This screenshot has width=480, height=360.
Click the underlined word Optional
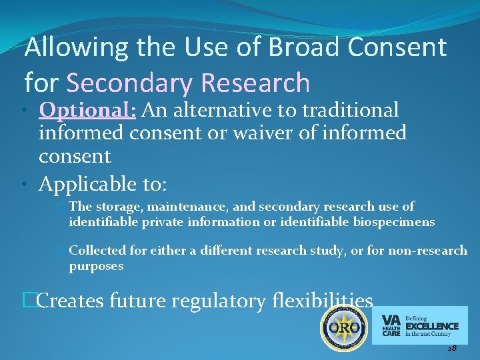(87, 110)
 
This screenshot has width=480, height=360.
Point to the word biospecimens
(394, 221)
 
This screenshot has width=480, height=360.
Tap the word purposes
(96, 265)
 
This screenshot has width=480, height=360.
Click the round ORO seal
(344, 328)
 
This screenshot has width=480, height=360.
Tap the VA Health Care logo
(420, 325)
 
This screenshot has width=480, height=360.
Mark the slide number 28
(451, 349)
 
